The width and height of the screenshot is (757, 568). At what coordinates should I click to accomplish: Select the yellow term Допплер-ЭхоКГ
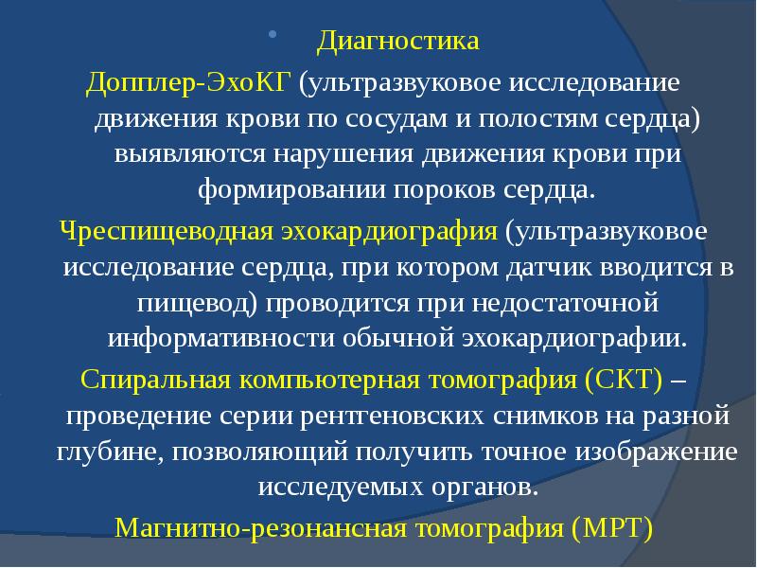pyautogui.click(x=189, y=82)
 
